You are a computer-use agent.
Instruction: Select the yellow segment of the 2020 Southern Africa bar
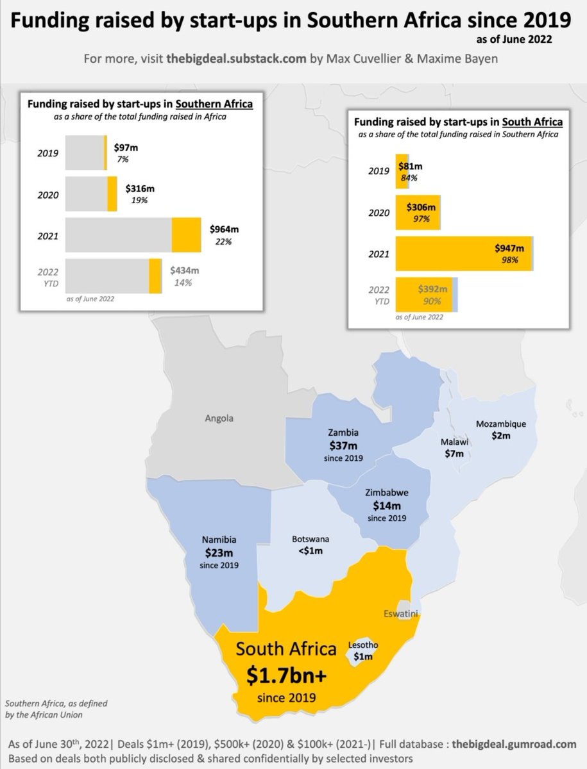point(112,194)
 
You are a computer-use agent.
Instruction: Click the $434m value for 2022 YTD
point(184,270)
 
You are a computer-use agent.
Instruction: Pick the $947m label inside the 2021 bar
point(509,248)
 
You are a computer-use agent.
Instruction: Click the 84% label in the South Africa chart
point(410,178)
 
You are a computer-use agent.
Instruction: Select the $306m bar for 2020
point(418,212)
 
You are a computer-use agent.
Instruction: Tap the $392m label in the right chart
point(431,289)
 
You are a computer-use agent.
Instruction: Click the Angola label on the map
point(219,418)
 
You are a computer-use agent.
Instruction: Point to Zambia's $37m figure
point(343,445)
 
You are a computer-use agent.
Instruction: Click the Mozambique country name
point(500,424)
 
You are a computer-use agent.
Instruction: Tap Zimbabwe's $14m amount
point(387,506)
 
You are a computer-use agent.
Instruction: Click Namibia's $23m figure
point(219,552)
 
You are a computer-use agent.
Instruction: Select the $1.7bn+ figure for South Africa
point(286,675)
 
